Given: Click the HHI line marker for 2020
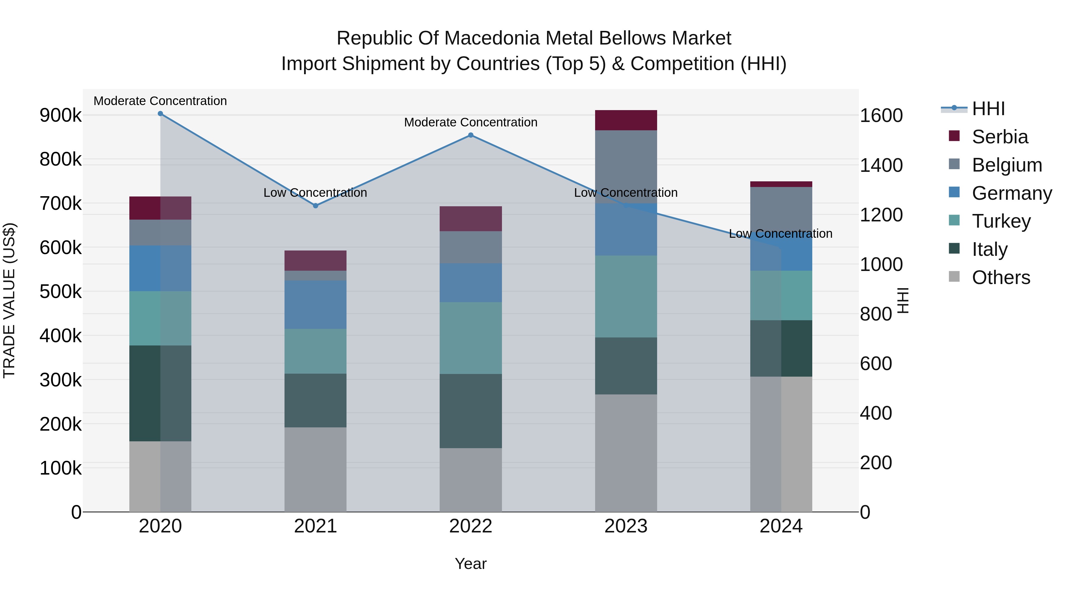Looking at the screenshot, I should coord(160,114).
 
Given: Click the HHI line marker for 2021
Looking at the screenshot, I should coord(316,206).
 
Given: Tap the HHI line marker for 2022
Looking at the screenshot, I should coord(471,135).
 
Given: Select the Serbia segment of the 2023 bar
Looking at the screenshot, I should coord(626,120).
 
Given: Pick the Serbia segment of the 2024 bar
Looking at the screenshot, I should coord(781,184).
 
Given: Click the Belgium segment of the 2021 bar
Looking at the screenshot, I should coord(316,275).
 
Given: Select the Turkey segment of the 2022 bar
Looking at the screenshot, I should coord(471,338).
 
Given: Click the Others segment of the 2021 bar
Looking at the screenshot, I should coord(316,470).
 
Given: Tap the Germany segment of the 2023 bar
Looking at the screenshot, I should coord(626,229).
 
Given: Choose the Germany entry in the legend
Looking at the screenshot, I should coord(1012,193).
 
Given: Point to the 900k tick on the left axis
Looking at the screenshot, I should coord(61,115).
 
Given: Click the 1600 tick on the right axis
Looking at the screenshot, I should coord(881,115).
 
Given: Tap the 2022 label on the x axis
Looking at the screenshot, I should coord(471,526).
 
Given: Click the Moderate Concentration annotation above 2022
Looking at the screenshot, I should coord(471,122).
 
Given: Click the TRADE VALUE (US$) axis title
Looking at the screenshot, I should coord(9,300).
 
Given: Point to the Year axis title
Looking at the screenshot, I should coord(471,564).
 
